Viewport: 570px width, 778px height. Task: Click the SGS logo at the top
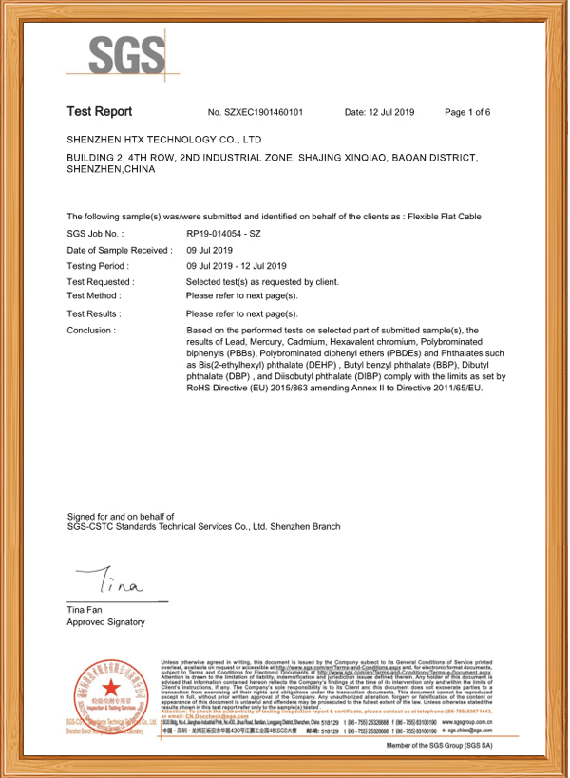[x=126, y=57]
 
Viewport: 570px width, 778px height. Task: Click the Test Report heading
[x=99, y=112]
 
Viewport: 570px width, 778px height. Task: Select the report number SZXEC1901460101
[x=255, y=113]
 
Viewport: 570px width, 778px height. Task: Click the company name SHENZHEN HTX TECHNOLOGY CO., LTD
[x=163, y=140]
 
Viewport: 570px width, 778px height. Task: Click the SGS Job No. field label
[x=95, y=233]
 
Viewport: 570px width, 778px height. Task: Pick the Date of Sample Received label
[x=119, y=250]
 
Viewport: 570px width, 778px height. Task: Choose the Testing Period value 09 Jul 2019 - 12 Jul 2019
[x=236, y=266]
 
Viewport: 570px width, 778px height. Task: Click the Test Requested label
[x=101, y=282]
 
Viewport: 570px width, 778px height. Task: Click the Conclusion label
[x=91, y=331]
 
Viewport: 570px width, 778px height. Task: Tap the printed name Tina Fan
[x=85, y=609]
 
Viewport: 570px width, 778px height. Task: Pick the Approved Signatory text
[x=105, y=622]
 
